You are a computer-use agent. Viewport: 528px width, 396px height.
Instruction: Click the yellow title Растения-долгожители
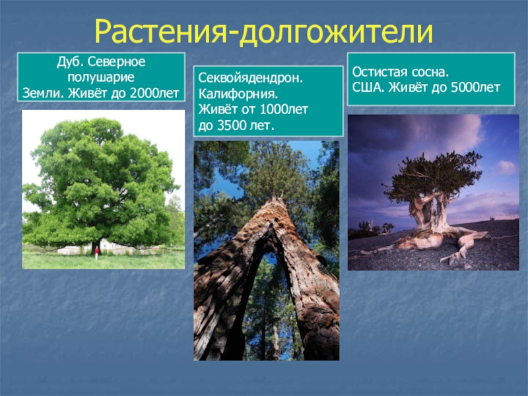click(x=263, y=32)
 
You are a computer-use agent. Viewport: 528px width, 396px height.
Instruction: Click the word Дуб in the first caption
click(x=68, y=62)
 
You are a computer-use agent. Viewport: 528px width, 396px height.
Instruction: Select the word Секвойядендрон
click(x=251, y=78)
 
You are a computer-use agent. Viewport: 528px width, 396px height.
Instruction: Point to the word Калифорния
click(x=238, y=94)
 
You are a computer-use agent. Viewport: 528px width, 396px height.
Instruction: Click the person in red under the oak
click(x=96, y=252)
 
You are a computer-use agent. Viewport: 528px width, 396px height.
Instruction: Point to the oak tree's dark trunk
click(x=96, y=246)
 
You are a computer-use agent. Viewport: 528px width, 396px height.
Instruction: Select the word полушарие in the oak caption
click(x=101, y=77)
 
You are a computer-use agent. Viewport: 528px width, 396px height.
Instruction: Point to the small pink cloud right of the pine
click(x=506, y=168)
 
